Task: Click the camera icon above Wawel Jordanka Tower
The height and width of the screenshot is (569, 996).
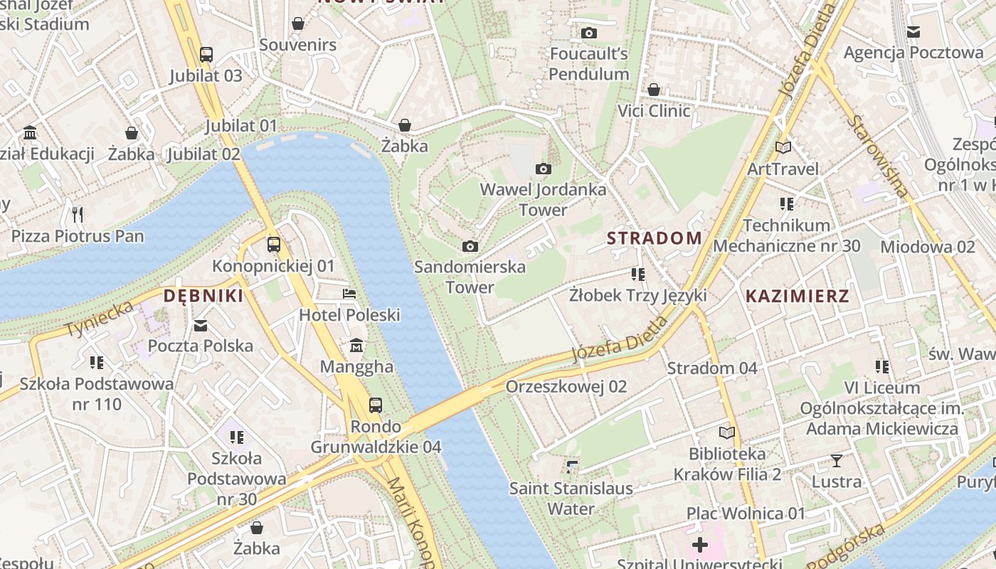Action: (544, 169)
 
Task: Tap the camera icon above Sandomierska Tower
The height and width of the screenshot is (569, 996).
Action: (470, 246)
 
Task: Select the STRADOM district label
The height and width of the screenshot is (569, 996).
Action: (655, 238)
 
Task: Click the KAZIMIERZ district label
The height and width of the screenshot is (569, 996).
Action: (797, 297)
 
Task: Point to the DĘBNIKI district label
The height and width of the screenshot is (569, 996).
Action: (203, 296)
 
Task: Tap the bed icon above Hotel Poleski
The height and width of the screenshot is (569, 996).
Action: (349, 294)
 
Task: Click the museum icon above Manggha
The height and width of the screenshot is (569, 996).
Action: (356, 346)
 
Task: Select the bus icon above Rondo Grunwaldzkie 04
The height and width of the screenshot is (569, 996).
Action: (376, 405)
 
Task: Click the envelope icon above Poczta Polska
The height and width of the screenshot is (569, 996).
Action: (201, 325)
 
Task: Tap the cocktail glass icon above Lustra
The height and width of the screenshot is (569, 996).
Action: (837, 461)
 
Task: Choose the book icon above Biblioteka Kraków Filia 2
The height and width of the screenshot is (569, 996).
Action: (727, 432)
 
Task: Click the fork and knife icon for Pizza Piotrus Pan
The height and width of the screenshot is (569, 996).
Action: (78, 214)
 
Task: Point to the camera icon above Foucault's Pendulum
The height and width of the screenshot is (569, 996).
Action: (588, 33)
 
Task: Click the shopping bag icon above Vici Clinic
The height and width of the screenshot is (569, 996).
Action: (653, 90)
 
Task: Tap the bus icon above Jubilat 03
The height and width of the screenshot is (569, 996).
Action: (206, 54)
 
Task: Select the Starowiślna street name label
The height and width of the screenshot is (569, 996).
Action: (878, 156)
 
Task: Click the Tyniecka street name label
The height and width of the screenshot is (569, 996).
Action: (100, 319)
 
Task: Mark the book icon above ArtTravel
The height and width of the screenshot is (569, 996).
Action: (783, 147)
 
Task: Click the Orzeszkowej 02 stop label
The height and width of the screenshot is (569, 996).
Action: (566, 386)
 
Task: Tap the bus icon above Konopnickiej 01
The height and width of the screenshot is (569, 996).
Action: (274, 245)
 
